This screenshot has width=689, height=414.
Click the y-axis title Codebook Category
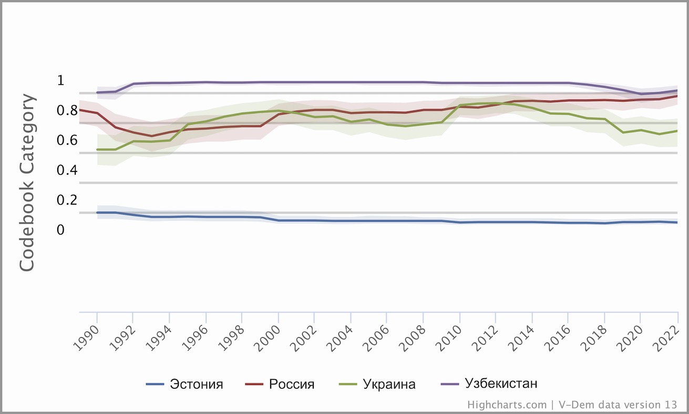click(27, 183)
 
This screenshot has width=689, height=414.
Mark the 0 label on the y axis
click(60, 230)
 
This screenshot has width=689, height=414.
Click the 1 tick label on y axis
click(60, 80)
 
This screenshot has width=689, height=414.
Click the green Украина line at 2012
click(496, 103)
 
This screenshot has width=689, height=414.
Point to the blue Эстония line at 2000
click(279, 220)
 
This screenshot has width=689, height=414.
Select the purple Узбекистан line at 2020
click(641, 94)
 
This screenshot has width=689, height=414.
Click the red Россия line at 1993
click(152, 136)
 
